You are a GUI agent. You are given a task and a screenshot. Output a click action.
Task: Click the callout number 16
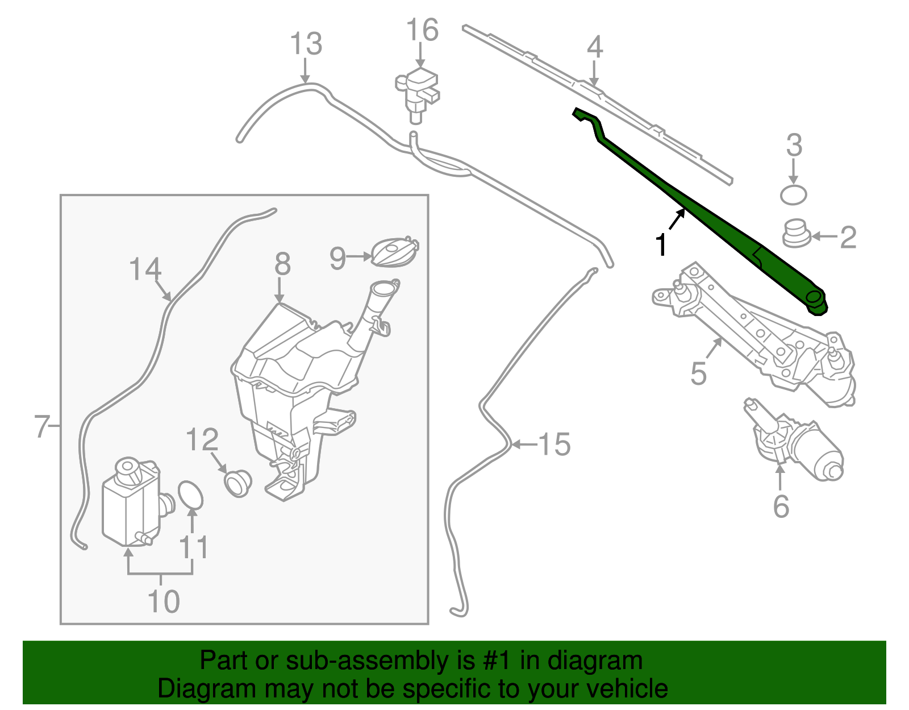point(422,30)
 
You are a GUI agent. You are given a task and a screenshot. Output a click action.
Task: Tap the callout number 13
point(306,44)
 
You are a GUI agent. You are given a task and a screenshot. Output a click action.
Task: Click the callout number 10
point(163,601)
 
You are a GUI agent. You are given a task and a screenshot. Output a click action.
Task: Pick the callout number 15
point(554,444)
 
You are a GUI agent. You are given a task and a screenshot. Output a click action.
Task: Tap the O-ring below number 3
point(793,194)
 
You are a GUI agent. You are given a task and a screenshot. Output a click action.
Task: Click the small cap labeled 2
point(796,234)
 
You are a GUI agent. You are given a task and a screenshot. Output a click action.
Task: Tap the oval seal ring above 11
point(190,496)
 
